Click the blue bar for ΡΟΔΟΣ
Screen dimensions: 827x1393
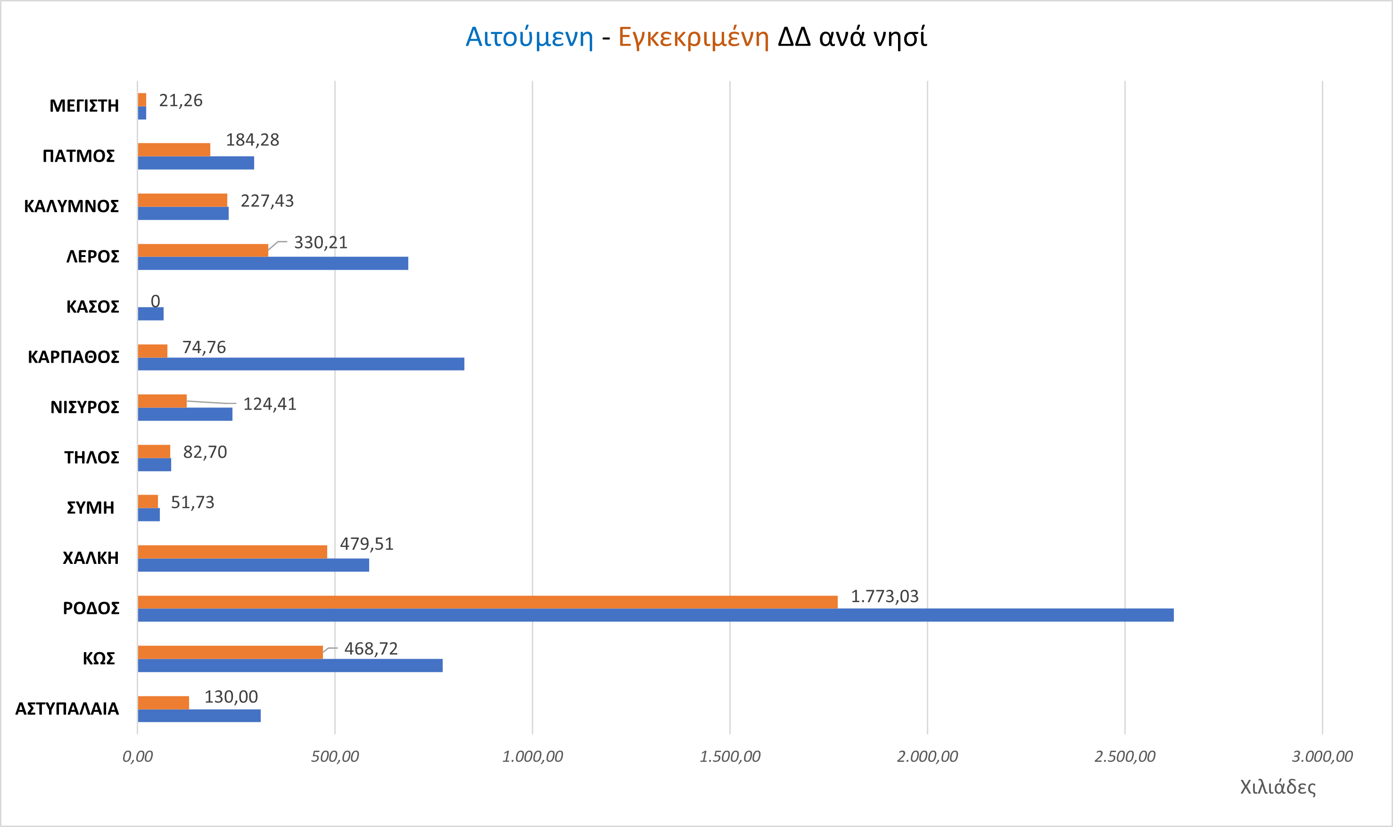[x=655, y=615]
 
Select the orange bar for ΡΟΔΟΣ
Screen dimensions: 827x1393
[x=487, y=602]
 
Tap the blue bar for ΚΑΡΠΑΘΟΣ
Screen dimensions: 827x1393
[x=301, y=364]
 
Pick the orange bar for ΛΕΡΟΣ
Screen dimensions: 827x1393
[x=203, y=250]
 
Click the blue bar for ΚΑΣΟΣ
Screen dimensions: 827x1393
[x=150, y=314]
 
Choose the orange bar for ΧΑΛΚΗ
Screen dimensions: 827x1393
[x=232, y=552]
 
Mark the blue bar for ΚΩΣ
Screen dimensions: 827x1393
[x=290, y=665]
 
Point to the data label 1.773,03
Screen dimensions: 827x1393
[x=884, y=596]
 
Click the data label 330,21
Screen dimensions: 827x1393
[x=321, y=242]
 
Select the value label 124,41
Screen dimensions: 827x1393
[x=270, y=404]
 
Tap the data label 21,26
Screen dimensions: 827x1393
[x=181, y=100]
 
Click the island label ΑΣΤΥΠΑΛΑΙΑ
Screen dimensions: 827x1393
[x=67, y=709]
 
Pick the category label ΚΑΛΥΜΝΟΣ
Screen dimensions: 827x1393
[x=71, y=206]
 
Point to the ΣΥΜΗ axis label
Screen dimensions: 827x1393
[x=90, y=508]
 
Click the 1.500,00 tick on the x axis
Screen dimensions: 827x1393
[x=729, y=757]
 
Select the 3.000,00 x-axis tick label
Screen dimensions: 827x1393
[x=1322, y=757]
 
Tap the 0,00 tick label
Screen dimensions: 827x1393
[x=137, y=757]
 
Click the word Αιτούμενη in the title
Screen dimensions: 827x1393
[x=529, y=37]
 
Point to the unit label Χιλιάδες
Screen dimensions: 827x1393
[x=1278, y=787]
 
